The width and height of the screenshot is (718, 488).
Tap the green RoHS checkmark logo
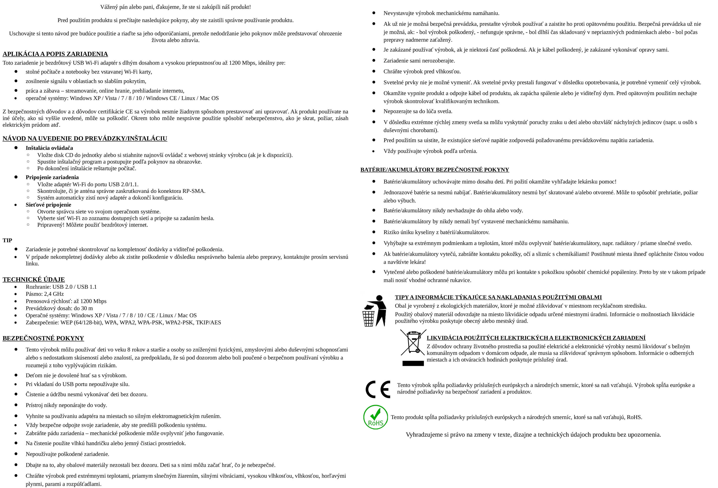(x=375, y=417)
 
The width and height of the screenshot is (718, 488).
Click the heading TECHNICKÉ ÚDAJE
(x=34, y=279)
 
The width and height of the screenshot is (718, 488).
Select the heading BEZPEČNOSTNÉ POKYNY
(x=43, y=338)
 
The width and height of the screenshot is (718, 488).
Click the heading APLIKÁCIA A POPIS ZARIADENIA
(x=55, y=54)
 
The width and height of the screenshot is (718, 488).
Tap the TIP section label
(x=7, y=240)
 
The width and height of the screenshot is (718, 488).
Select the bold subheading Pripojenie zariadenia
(x=52, y=177)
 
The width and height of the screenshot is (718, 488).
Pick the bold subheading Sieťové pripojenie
(x=48, y=205)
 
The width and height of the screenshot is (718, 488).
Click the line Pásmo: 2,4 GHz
(x=45, y=294)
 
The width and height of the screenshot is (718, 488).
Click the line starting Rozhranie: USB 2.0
(x=61, y=287)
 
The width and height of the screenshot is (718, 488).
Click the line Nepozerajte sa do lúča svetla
(x=418, y=111)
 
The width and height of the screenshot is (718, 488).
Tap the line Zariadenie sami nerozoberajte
(x=419, y=61)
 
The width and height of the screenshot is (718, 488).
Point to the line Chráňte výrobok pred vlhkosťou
(x=422, y=71)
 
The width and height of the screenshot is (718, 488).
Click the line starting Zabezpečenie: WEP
(x=123, y=322)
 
